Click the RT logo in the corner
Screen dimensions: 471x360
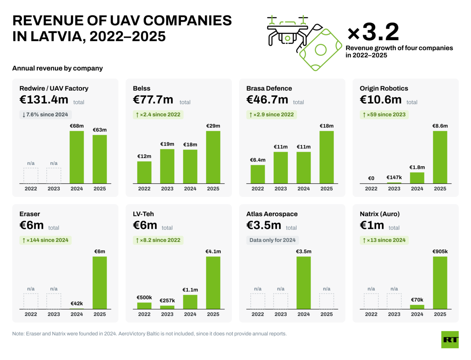coord(450,339)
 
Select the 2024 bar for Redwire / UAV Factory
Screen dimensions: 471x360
coord(77,157)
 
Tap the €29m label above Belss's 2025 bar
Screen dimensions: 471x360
coord(213,126)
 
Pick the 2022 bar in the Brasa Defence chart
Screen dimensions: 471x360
coord(258,174)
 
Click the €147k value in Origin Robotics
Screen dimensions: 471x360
coord(394,177)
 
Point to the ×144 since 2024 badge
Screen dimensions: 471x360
coord(46,240)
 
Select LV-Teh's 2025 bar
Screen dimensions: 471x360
coord(213,283)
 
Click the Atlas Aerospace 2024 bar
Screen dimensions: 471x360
coord(303,283)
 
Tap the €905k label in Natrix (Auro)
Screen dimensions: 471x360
coord(440,251)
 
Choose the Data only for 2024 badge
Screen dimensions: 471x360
coord(272,240)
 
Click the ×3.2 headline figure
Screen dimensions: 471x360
coord(373,32)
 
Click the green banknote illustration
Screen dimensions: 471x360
coord(321,49)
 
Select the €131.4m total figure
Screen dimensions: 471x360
coord(44,99)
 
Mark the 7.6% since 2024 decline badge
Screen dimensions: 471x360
coord(46,114)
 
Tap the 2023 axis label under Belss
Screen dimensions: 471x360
coord(167,189)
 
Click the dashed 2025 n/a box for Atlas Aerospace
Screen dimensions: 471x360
coord(326,301)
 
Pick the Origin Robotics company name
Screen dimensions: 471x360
coord(384,88)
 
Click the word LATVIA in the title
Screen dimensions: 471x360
coord(57,36)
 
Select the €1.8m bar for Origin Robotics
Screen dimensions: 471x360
coord(417,178)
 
